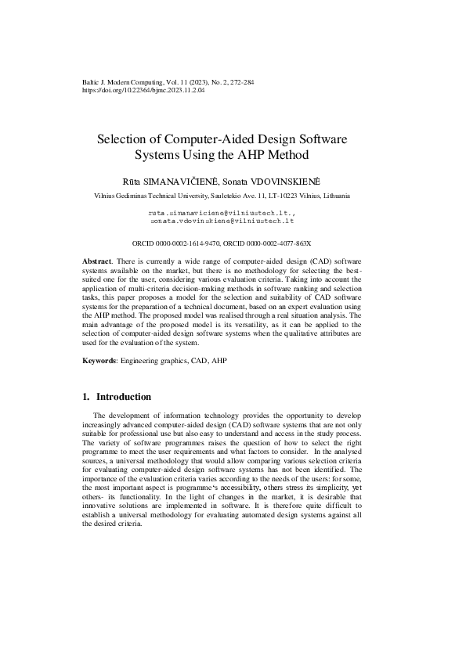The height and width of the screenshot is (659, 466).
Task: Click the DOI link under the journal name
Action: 143,91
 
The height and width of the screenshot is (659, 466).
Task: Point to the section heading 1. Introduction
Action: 117,397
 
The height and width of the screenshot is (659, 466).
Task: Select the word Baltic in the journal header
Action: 91,82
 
